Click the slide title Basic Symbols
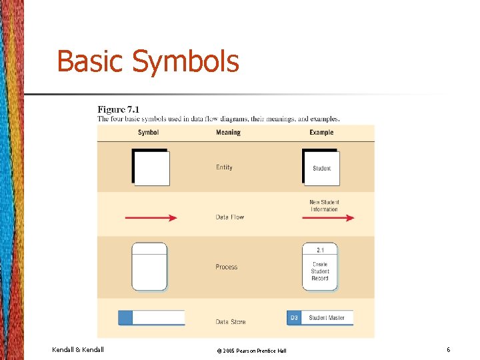147,61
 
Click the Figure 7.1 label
119,109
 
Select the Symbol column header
148,133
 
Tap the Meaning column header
228,133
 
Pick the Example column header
321,133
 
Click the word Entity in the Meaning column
224,167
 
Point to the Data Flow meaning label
230,217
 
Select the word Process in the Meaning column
227,267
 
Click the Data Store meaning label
231,322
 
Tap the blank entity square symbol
151,168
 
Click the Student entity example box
321,168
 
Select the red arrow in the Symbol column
151,217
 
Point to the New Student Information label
324,205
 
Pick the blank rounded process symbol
149,267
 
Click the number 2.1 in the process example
320,250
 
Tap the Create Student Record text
320,271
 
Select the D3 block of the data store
294,318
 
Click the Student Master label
327,318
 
